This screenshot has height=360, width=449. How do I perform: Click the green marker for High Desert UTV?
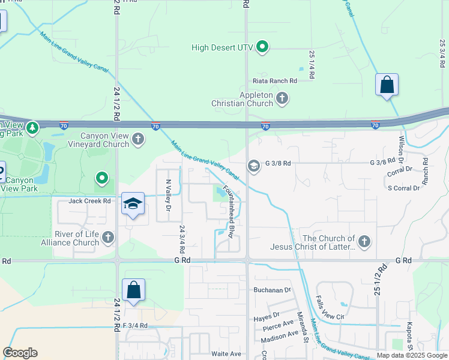click(x=262, y=47)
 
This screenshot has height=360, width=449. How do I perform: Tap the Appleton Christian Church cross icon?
click(x=282, y=96)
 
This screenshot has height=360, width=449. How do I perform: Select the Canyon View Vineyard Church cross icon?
click(x=138, y=139)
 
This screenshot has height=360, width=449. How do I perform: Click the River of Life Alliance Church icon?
click(x=108, y=238)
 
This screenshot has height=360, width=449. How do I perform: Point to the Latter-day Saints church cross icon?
click(x=364, y=242)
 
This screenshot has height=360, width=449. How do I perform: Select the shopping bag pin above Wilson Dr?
click(x=387, y=86)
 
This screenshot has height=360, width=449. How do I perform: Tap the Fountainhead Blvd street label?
click(x=229, y=211)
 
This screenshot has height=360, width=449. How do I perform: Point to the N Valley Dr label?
click(x=169, y=195)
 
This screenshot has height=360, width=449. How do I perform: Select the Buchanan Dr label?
click(x=271, y=289)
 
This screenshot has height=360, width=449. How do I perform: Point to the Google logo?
click(x=20, y=353)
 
